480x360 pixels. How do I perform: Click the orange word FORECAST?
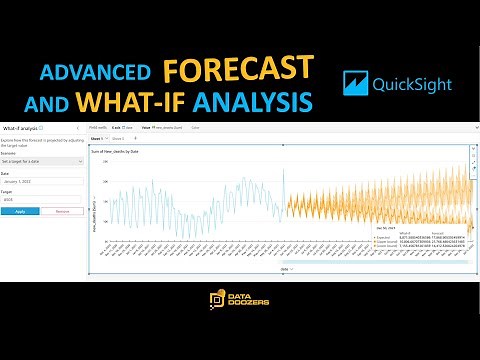click(237, 70)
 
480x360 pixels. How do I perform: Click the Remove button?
click(62, 211)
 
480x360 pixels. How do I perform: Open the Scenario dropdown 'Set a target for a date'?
click(41, 160)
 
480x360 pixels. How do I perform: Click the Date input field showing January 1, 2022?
click(41, 180)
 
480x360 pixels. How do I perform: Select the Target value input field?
click(41, 200)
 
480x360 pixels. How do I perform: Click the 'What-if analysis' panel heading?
click(21, 129)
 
